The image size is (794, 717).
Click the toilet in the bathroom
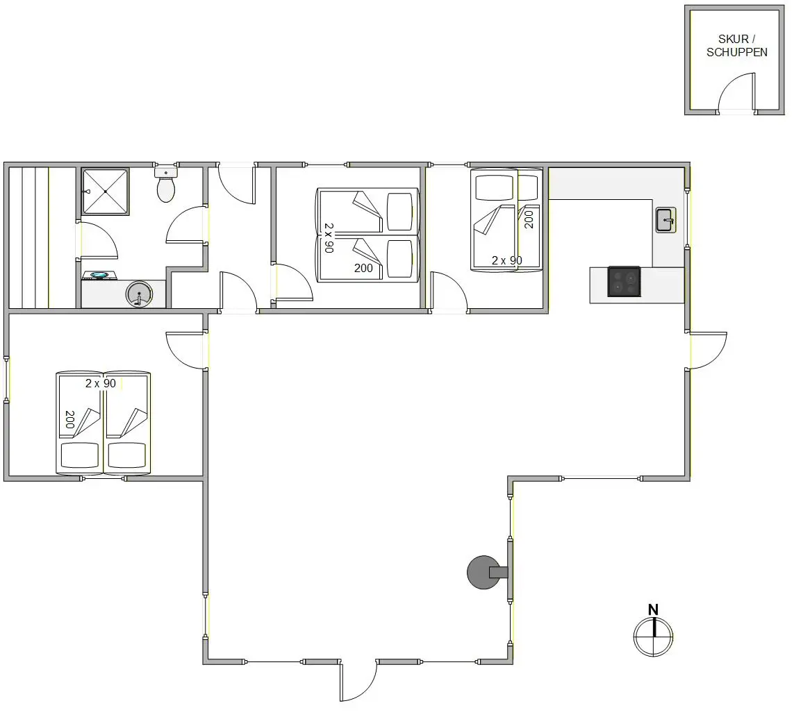point(165,185)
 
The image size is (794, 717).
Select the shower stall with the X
point(106,192)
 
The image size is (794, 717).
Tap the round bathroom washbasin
point(139,294)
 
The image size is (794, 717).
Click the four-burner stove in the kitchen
point(624,281)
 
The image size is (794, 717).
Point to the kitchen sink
point(665,220)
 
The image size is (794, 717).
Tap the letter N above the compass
point(653,609)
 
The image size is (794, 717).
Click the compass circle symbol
point(653,637)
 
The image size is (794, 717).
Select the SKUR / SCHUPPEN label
point(737,46)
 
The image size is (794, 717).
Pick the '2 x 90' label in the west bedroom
point(101,384)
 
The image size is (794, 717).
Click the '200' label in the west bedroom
point(70,419)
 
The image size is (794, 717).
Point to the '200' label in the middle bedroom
point(363,268)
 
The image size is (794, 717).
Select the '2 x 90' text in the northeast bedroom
point(507,260)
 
